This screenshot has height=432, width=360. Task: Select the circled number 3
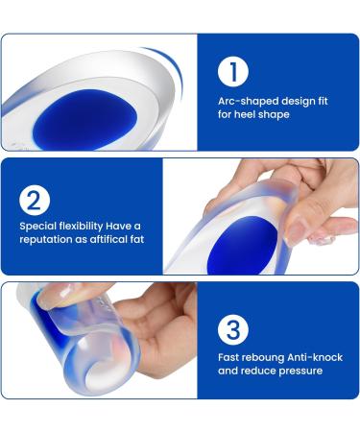pyautogui.click(x=231, y=329)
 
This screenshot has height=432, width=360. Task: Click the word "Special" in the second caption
pyautogui.click(x=35, y=227)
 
